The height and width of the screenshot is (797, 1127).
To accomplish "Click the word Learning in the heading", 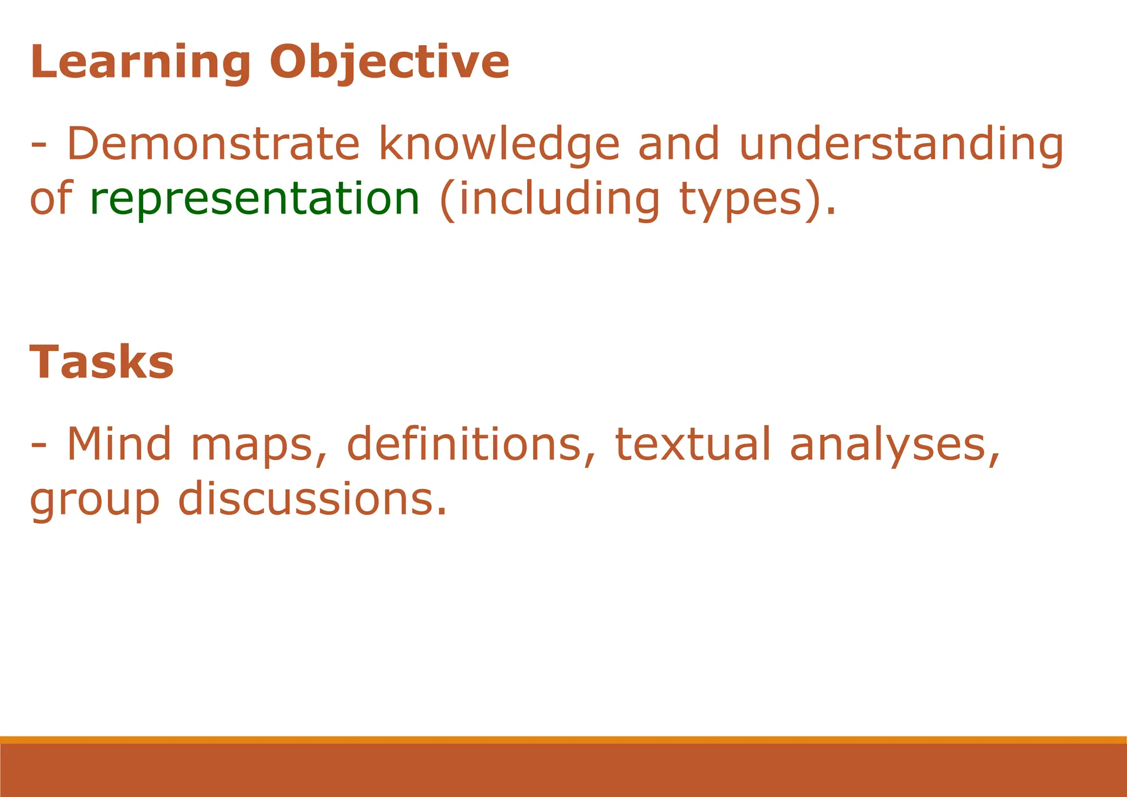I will (141, 62).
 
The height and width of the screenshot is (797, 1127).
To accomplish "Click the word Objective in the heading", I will (389, 62).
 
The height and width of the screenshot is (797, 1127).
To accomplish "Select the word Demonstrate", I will (213, 144).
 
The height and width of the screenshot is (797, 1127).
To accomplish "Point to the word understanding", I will (901, 144).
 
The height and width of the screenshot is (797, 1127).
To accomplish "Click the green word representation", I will (255, 199).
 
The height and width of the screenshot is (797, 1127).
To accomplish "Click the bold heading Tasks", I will (102, 363).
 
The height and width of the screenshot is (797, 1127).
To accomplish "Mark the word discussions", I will (312, 499).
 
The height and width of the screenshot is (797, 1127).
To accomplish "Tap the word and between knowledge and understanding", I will (679, 144).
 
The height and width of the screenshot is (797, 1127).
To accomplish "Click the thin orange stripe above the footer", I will (563, 740).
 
